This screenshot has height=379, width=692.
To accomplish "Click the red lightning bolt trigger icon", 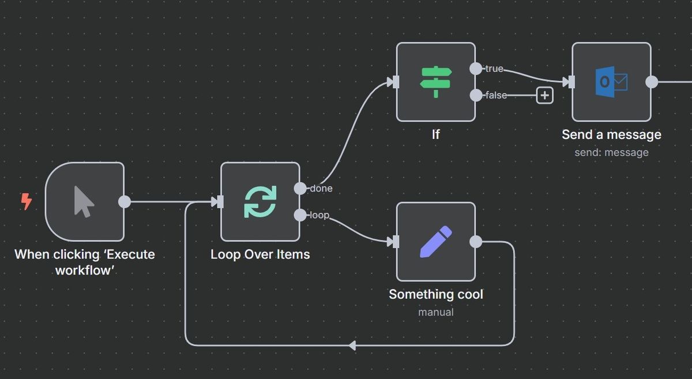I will tap(26, 201).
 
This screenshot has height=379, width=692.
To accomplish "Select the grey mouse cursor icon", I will tap(84, 202).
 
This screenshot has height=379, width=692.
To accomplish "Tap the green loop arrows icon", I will tap(260, 201).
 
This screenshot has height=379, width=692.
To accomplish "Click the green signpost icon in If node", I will tap(436, 82).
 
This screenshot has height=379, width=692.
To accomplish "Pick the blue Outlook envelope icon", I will tap(611, 82).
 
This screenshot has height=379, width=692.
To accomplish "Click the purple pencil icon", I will tap(436, 242).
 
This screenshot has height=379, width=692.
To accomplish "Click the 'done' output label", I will tap(321, 188).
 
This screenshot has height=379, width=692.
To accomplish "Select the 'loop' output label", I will tap(319, 215).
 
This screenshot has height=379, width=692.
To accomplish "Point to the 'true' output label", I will tap(494, 69).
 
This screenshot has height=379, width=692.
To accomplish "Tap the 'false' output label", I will tap(496, 95).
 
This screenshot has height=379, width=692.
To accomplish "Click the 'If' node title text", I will tap(436, 134).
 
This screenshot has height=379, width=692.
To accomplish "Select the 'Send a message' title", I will tap(611, 134).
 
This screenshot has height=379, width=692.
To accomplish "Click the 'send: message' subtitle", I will tap(611, 152).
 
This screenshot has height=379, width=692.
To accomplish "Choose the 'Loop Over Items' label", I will tap(260, 254).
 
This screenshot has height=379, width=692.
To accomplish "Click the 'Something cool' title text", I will tap(436, 294).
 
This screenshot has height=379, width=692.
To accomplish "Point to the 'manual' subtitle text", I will tap(436, 312).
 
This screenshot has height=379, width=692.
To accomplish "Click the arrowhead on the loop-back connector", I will tap(352, 346).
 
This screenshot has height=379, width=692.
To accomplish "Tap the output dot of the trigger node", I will tap(124, 201).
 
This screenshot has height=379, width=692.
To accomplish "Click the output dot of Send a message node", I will tap(652, 82).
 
